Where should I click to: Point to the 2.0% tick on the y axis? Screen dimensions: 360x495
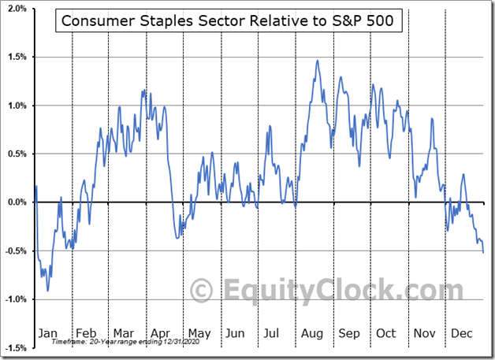(x=17, y=9)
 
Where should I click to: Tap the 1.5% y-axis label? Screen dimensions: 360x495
(x=17, y=57)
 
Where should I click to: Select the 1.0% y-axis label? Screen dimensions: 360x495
(x=17, y=106)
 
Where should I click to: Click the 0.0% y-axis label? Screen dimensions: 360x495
(x=17, y=202)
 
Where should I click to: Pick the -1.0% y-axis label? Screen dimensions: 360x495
(x=15, y=299)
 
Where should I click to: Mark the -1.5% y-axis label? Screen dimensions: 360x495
(x=15, y=347)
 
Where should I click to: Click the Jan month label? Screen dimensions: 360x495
(x=49, y=333)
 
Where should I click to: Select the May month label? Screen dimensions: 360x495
(x=199, y=333)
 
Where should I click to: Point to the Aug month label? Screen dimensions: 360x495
(x=310, y=333)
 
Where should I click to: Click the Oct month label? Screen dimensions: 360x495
(x=385, y=333)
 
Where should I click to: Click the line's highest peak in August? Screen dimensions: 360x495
(x=317, y=61)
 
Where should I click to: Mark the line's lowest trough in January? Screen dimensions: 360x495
(x=47, y=291)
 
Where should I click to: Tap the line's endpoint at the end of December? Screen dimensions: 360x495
(x=483, y=252)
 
